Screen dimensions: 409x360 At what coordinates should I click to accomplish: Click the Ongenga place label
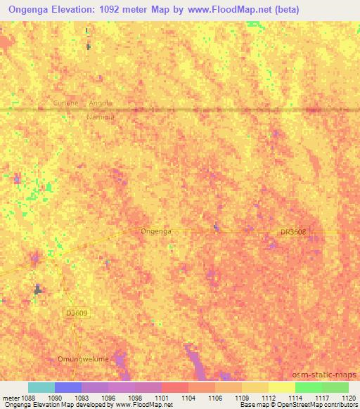156,231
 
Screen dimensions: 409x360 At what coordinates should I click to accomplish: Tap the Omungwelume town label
83,359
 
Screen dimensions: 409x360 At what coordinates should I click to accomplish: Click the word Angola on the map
101,103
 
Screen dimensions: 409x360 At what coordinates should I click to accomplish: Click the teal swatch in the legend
41,387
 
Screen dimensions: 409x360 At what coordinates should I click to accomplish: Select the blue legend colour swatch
68,387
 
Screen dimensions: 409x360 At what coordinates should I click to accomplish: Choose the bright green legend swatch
309,387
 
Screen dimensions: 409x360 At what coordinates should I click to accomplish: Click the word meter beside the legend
11,398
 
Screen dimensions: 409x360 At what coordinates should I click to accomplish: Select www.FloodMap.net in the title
233,10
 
